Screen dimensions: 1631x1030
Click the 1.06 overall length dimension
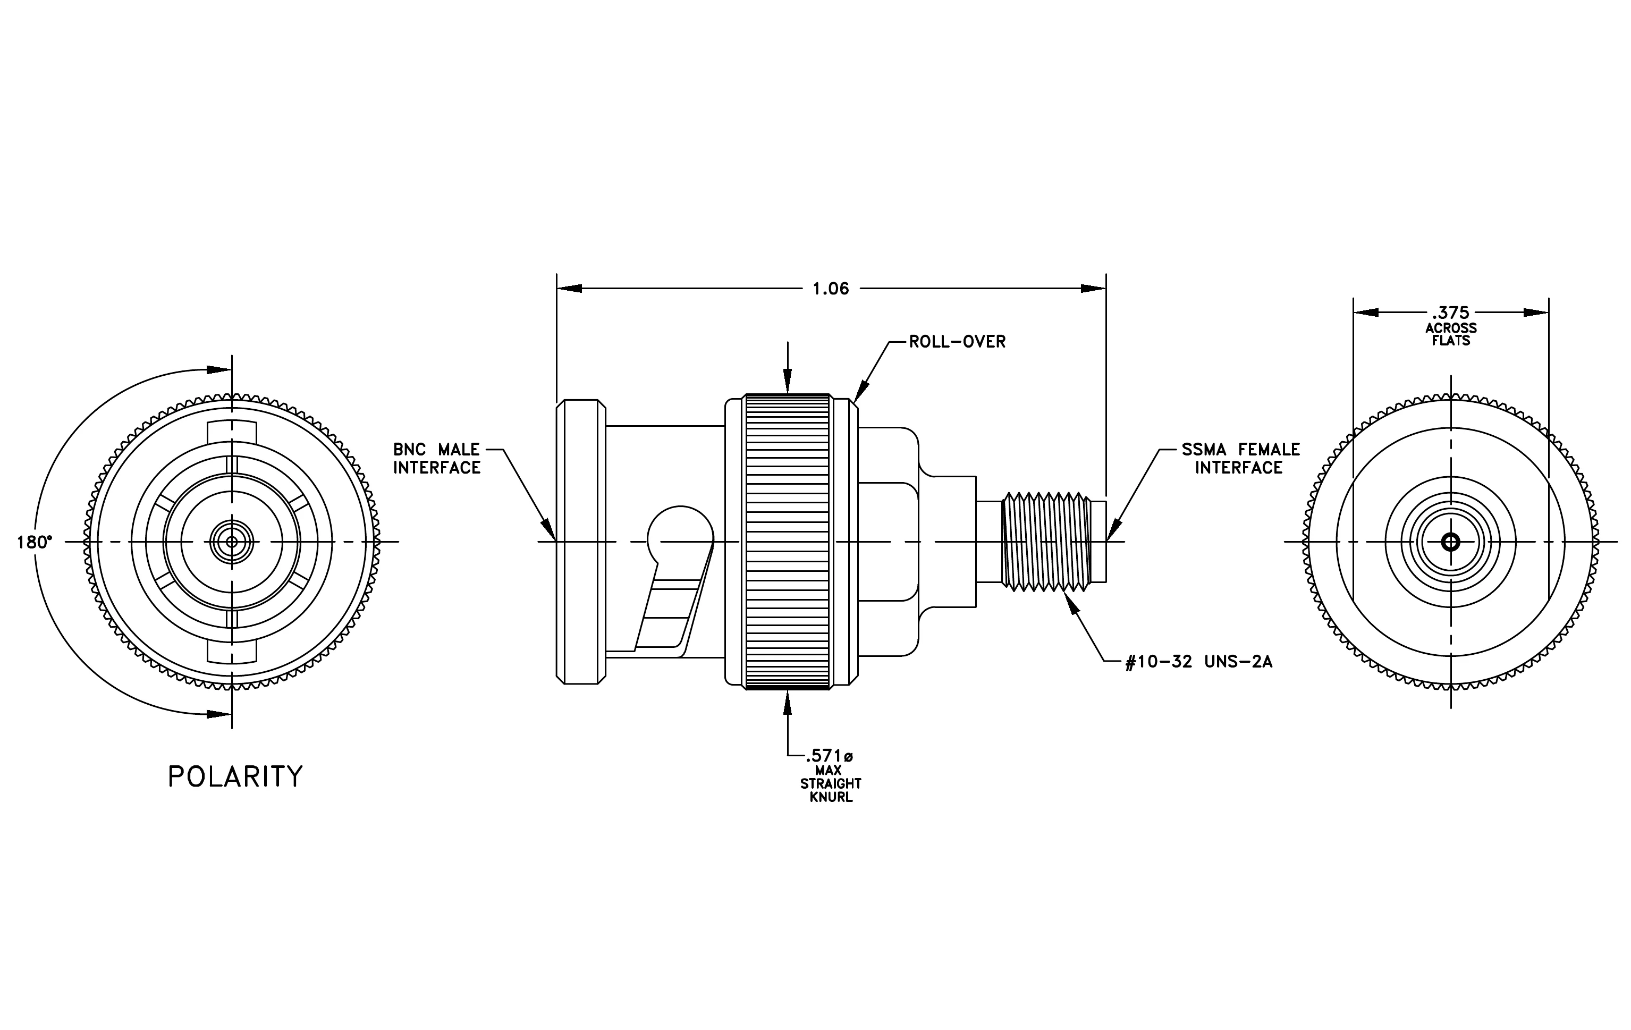pyautogui.click(x=831, y=289)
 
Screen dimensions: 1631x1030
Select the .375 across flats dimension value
pyautogui.click(x=1450, y=313)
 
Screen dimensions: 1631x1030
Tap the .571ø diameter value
pyautogui.click(x=829, y=756)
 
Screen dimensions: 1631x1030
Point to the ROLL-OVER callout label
pyautogui.click(x=957, y=342)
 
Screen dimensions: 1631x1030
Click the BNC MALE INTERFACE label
pyautogui.click(x=437, y=459)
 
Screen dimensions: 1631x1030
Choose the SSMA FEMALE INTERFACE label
pyautogui.click(x=1241, y=459)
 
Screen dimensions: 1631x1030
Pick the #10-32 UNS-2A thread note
pyautogui.click(x=1199, y=662)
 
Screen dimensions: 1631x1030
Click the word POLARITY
pyautogui.click(x=235, y=776)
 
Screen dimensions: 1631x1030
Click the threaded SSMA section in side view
pyautogui.click(x=1046, y=542)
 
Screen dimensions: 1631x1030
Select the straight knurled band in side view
pyautogui.click(x=787, y=542)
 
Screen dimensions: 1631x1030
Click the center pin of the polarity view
pyautogui.click(x=232, y=542)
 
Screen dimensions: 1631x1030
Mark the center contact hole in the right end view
pyautogui.click(x=1451, y=542)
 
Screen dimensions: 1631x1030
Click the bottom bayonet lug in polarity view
pyautogui.click(x=232, y=652)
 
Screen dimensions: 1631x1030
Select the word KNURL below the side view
pyautogui.click(x=831, y=797)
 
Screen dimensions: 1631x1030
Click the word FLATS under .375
pyautogui.click(x=1451, y=341)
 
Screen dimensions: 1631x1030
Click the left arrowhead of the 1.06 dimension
pyautogui.click(x=570, y=289)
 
